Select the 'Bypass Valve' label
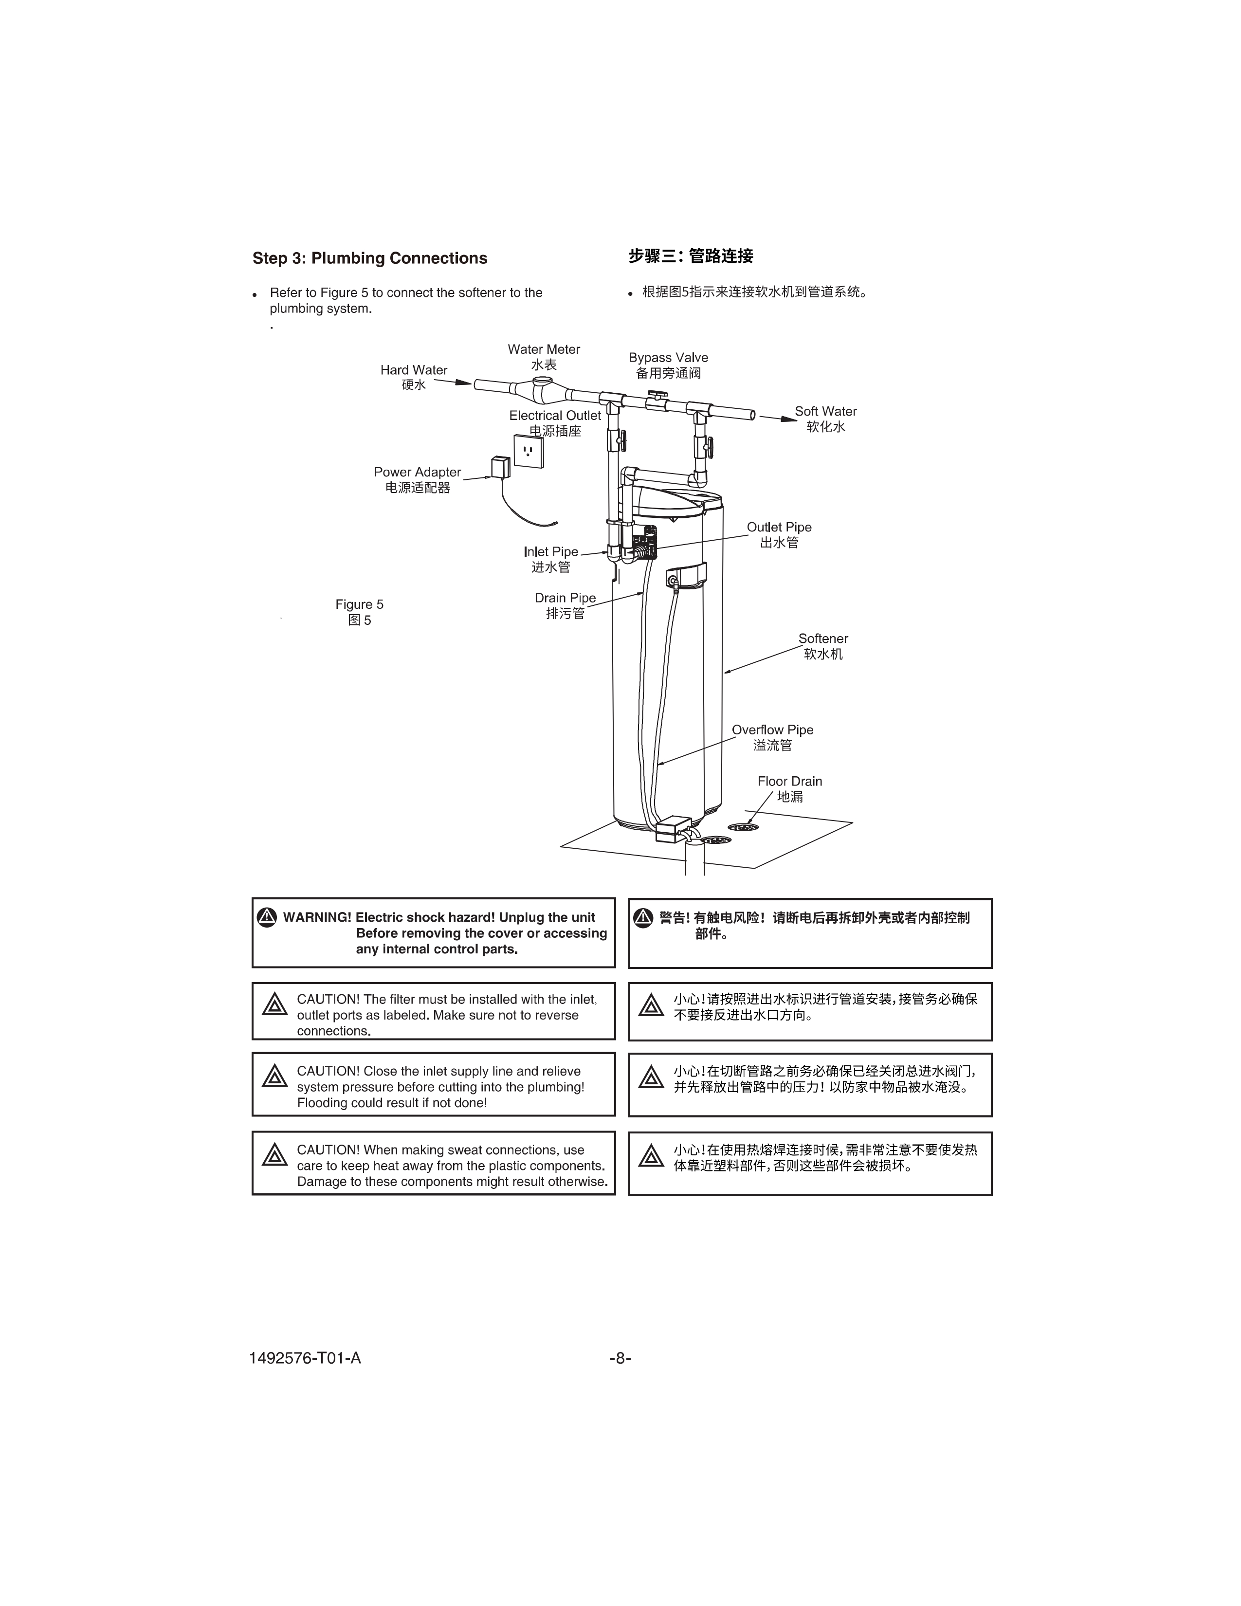[x=668, y=358]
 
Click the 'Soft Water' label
[x=825, y=412]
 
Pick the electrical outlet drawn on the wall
[x=528, y=450]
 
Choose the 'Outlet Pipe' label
[x=779, y=527]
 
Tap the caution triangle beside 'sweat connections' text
[x=274, y=1154]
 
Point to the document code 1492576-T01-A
[x=305, y=1358]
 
